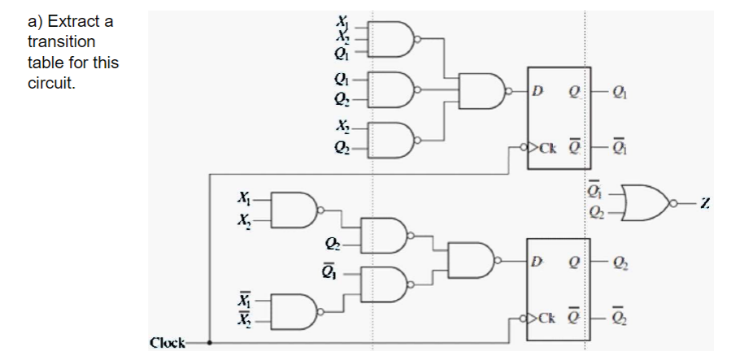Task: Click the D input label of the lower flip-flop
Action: click(538, 261)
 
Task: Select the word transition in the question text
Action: click(61, 41)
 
